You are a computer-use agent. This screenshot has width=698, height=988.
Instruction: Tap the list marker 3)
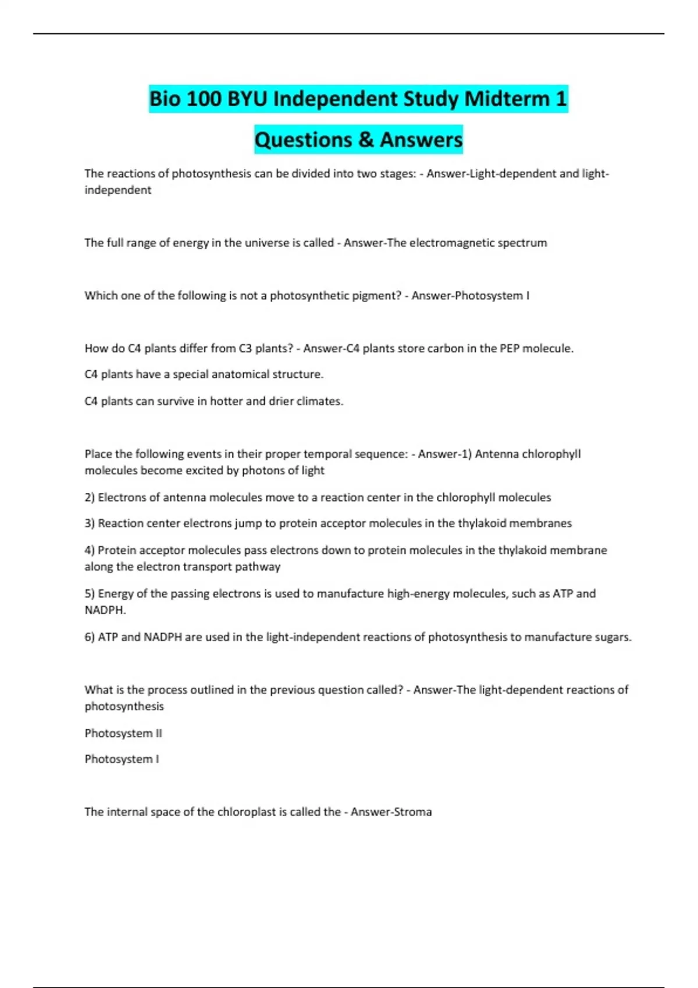coord(90,524)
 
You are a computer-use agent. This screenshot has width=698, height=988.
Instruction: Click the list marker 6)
coord(90,637)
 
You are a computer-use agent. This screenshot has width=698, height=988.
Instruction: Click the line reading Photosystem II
coord(123,733)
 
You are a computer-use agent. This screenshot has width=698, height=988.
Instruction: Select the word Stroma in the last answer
coord(412,812)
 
